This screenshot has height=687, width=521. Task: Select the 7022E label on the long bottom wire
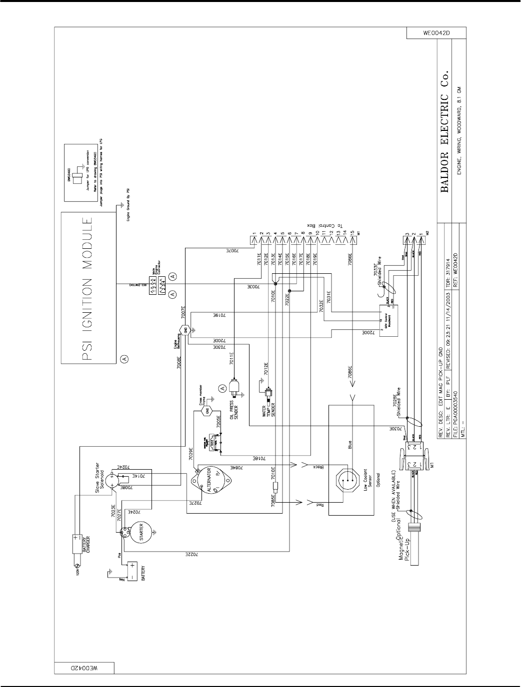[188, 555]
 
